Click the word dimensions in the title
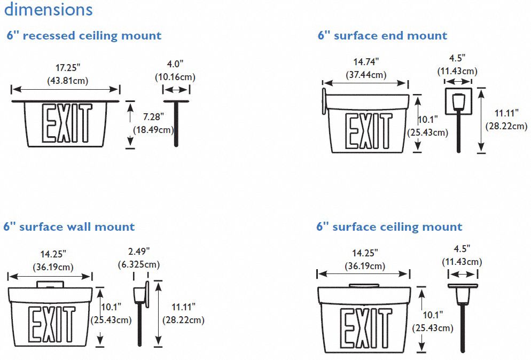point(48,9)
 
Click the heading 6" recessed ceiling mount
point(84,36)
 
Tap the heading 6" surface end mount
point(382,35)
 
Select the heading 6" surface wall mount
point(69,226)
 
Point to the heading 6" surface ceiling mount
point(389,226)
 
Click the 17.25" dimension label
point(68,68)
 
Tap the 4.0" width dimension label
point(175,64)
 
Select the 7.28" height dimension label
point(153,117)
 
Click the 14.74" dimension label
point(366,62)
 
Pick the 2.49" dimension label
point(139,252)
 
